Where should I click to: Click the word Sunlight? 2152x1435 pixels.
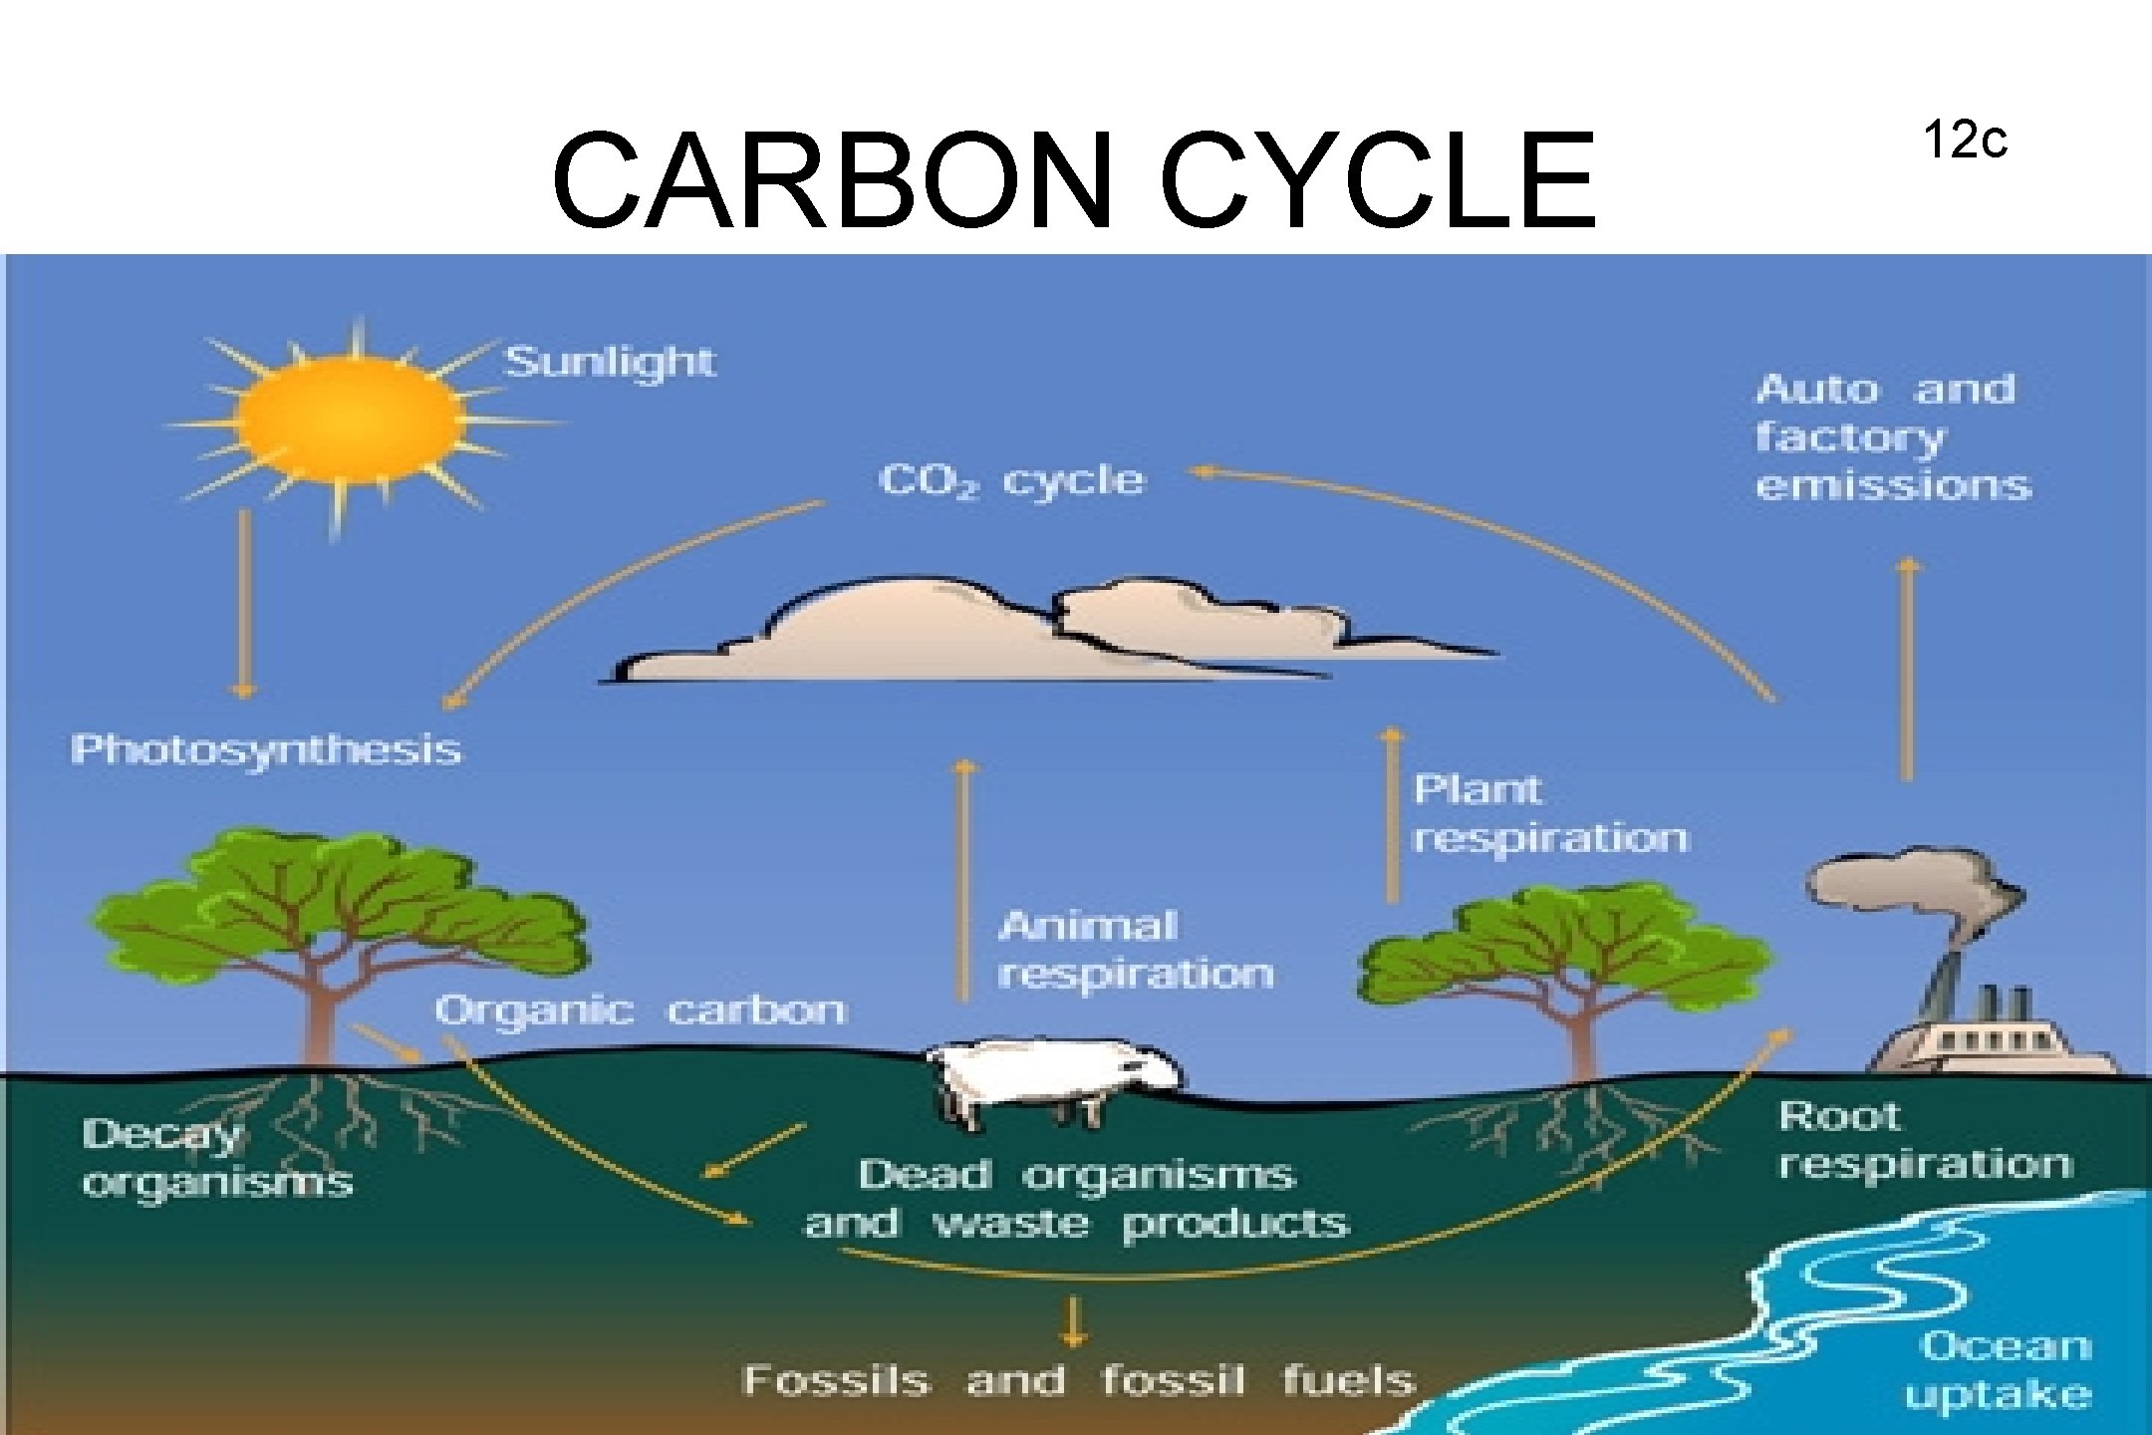click(610, 361)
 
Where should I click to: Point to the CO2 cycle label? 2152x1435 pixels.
click(1012, 481)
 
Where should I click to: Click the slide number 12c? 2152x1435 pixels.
click(1965, 141)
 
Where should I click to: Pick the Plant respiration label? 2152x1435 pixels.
click(1550, 814)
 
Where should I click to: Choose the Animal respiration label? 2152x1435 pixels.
click(1136, 950)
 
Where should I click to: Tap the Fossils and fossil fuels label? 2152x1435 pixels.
click(1079, 1380)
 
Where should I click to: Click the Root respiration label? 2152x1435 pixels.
click(1924, 1139)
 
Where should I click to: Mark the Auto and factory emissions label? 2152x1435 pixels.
click(1892, 436)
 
